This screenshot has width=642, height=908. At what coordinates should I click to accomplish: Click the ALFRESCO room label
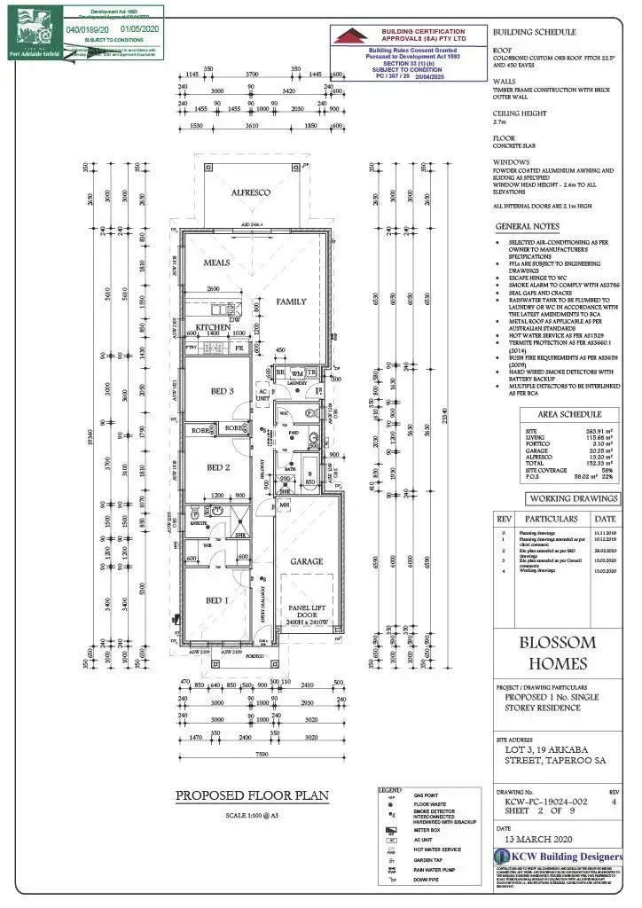pos(250,192)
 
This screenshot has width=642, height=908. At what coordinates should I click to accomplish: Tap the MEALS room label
pos(217,263)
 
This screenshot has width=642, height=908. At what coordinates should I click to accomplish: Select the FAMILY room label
pos(292,301)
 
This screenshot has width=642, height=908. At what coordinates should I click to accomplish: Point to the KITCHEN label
pos(214,327)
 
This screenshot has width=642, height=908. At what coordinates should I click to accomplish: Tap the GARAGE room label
pos(306,561)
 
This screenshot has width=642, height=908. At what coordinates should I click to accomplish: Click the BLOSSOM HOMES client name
pos(557,654)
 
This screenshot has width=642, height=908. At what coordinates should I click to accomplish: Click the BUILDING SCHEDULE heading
pos(534,31)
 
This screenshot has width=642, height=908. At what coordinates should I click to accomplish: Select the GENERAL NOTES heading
pos(533,227)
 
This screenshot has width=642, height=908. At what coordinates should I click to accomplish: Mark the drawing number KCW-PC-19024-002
pos(542,800)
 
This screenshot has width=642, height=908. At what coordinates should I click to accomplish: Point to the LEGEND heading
pos(390,789)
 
